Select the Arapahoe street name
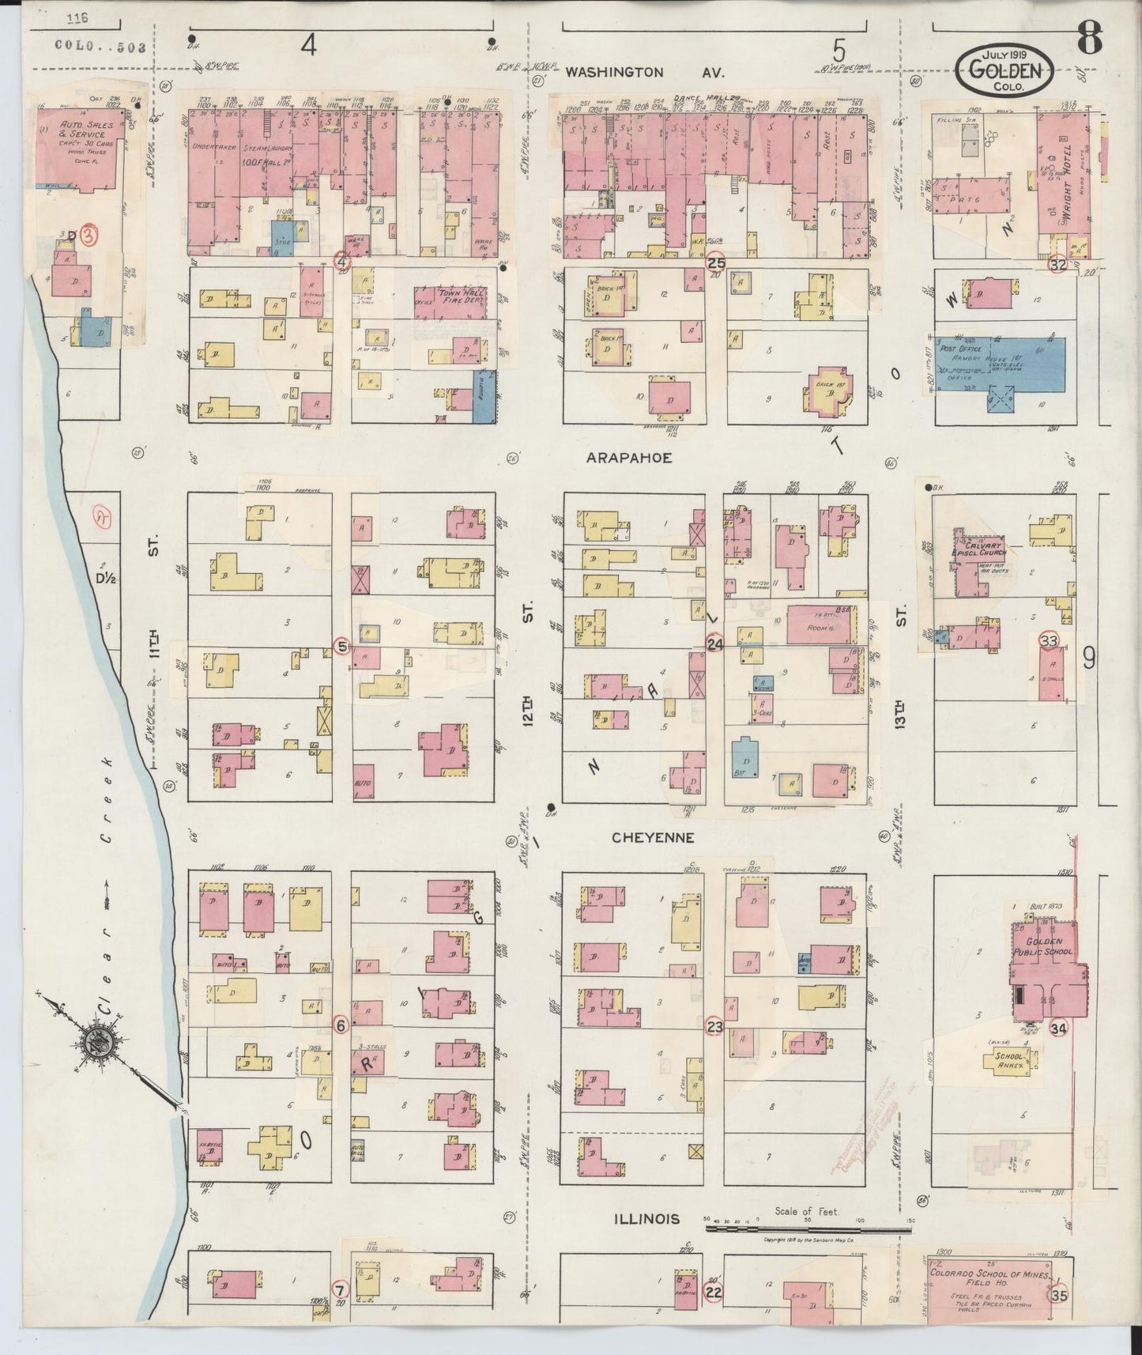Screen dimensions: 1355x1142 click(629, 458)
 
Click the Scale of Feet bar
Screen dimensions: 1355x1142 click(806, 1251)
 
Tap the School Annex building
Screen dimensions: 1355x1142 click(1009, 1059)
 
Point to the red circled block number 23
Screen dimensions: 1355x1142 click(714, 1027)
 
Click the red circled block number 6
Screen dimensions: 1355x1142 click(341, 1025)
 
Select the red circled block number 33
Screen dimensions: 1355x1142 click(1049, 641)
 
